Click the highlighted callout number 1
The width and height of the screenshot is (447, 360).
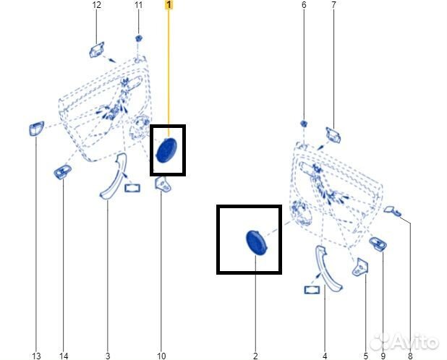169,5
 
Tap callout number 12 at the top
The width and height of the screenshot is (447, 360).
97,5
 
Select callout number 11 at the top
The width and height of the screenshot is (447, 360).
138,5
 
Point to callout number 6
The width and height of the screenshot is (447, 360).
304,5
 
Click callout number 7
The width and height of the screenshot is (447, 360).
333,5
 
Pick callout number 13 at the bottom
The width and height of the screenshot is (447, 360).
36,356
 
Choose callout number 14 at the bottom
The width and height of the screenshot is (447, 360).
64,356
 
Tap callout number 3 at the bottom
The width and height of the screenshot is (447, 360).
108,356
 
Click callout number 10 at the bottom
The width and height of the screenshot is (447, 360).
161,356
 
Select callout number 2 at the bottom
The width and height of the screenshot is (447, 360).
255,356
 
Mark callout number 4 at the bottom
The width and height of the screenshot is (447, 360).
325,356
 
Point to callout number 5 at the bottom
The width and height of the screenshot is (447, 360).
366,356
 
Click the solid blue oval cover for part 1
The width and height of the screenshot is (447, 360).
166,150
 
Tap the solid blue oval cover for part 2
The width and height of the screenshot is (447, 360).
256,242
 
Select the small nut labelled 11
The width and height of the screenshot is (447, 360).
139,38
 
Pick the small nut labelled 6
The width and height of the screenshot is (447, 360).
304,124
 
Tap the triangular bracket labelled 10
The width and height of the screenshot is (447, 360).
163,184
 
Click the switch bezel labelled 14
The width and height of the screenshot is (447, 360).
63,172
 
